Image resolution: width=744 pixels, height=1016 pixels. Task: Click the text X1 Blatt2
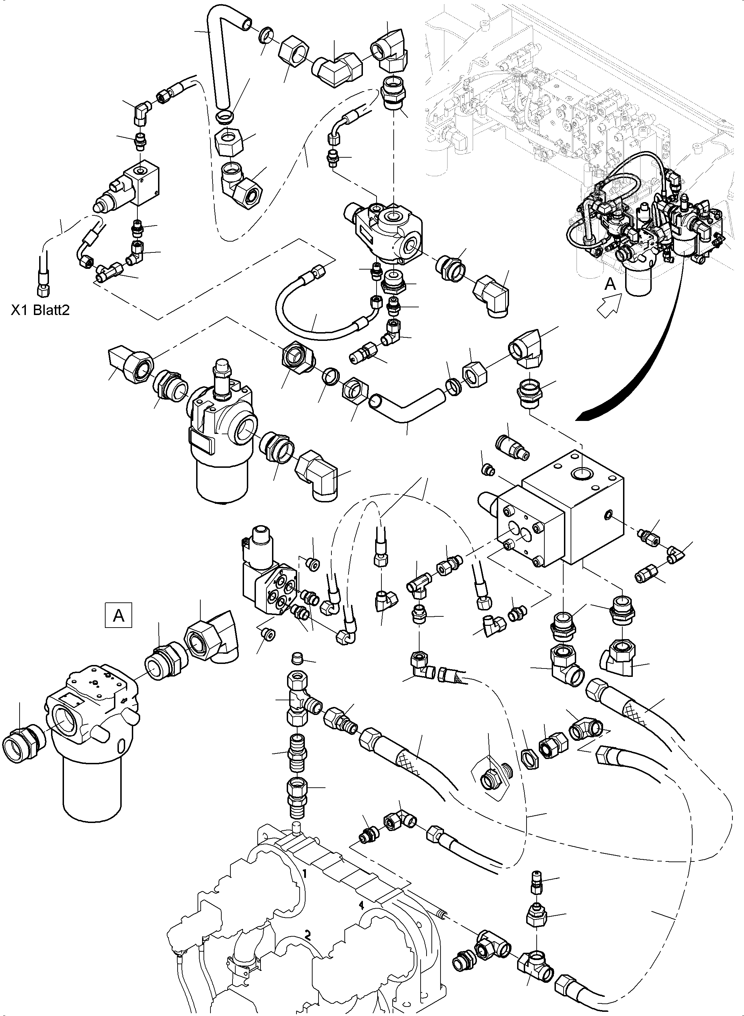click(x=41, y=310)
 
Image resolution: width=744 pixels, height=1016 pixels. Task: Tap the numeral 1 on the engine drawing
click(x=305, y=874)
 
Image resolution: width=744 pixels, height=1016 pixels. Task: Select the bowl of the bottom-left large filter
click(x=92, y=784)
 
